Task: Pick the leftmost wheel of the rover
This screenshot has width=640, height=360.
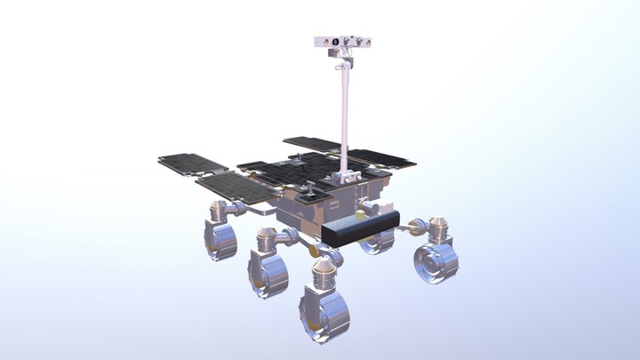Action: point(220,239)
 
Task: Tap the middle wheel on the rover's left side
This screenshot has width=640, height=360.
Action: point(269,272)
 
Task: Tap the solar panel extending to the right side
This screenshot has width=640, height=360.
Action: point(382,159)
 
